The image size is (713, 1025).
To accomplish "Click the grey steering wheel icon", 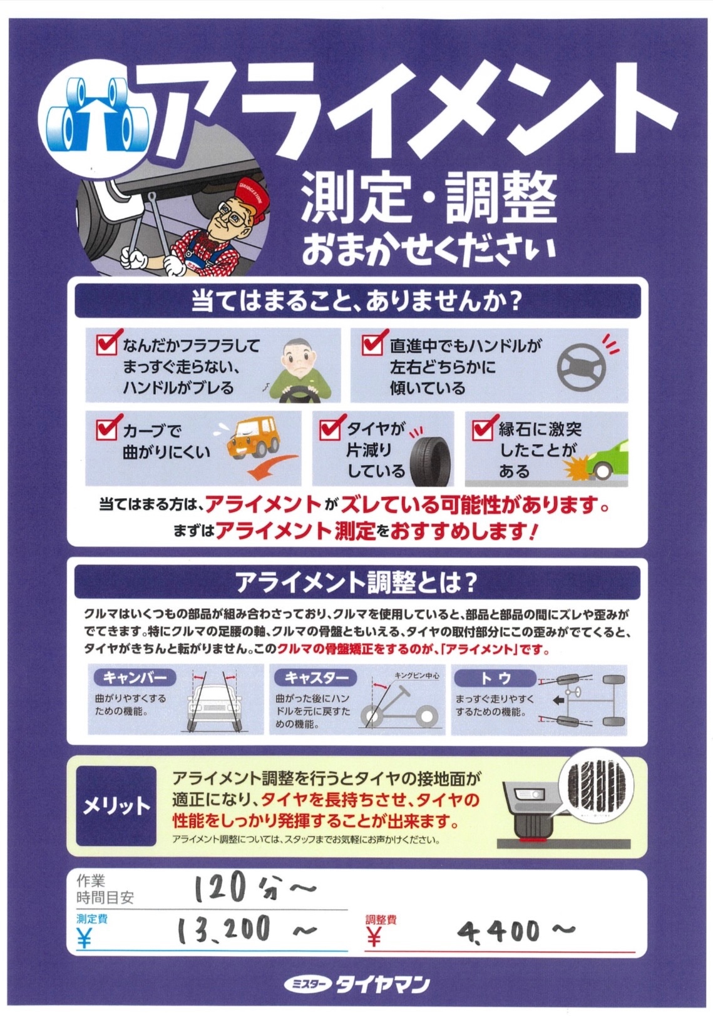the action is tap(581, 367).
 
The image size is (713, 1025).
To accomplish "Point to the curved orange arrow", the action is tap(272, 466).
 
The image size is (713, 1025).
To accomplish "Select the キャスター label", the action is tap(316, 677).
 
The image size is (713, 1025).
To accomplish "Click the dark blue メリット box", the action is tap(116, 806).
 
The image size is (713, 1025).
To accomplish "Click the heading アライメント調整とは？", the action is tap(357, 582).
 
